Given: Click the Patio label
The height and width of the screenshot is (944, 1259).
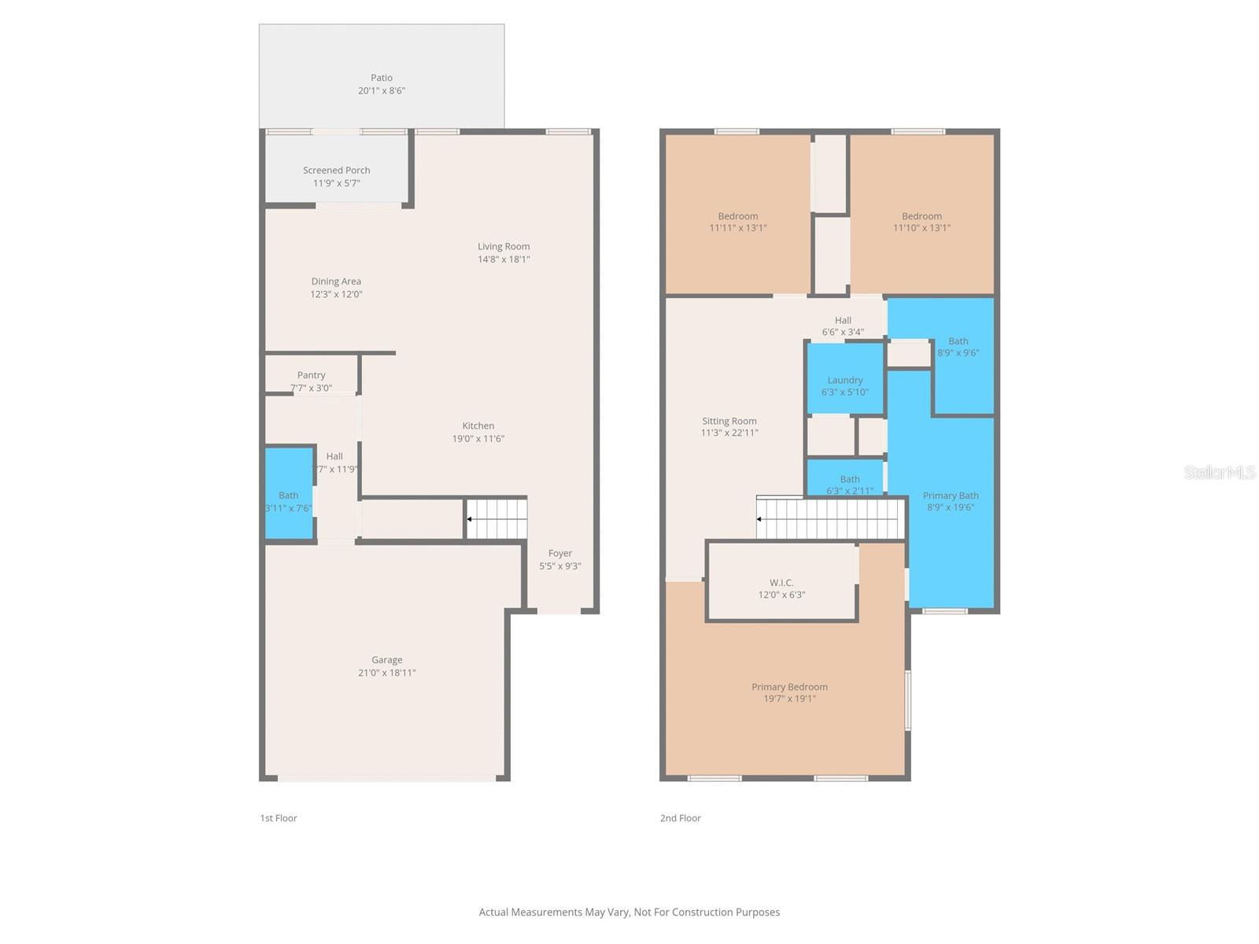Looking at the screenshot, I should point(382,78).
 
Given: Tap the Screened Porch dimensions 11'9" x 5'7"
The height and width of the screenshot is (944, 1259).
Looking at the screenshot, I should point(336,183).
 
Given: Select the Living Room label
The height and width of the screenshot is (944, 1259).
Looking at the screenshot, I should point(504,246).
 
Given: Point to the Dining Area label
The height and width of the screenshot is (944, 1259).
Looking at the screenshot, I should point(336,281).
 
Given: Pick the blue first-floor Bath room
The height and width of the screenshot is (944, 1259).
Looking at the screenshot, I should point(289,493).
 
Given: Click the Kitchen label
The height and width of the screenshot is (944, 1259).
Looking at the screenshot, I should point(478,426).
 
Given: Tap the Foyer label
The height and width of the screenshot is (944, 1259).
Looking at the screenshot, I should point(559,553).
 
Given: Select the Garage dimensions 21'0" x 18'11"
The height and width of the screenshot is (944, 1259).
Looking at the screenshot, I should point(386,673).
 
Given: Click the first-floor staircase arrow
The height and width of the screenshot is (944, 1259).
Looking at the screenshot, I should point(470,519).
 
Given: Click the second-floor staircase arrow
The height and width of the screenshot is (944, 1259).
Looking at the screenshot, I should point(760,519).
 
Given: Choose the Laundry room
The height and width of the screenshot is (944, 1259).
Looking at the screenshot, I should point(845,379).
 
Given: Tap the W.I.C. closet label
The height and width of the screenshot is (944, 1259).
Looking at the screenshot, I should point(781,583).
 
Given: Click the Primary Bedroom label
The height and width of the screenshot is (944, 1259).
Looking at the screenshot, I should point(789,687).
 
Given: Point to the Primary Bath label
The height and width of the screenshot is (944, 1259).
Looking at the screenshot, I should point(951,496).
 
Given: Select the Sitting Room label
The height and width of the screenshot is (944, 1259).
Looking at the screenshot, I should point(729,421).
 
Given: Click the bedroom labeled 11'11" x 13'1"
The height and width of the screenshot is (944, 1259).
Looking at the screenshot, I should point(737,216).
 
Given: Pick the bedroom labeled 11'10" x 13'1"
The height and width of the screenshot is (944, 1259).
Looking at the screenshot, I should point(921,216).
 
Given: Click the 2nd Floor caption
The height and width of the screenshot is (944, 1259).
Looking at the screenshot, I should point(680,818).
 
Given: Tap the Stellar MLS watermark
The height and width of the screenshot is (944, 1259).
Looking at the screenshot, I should point(1219,472).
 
